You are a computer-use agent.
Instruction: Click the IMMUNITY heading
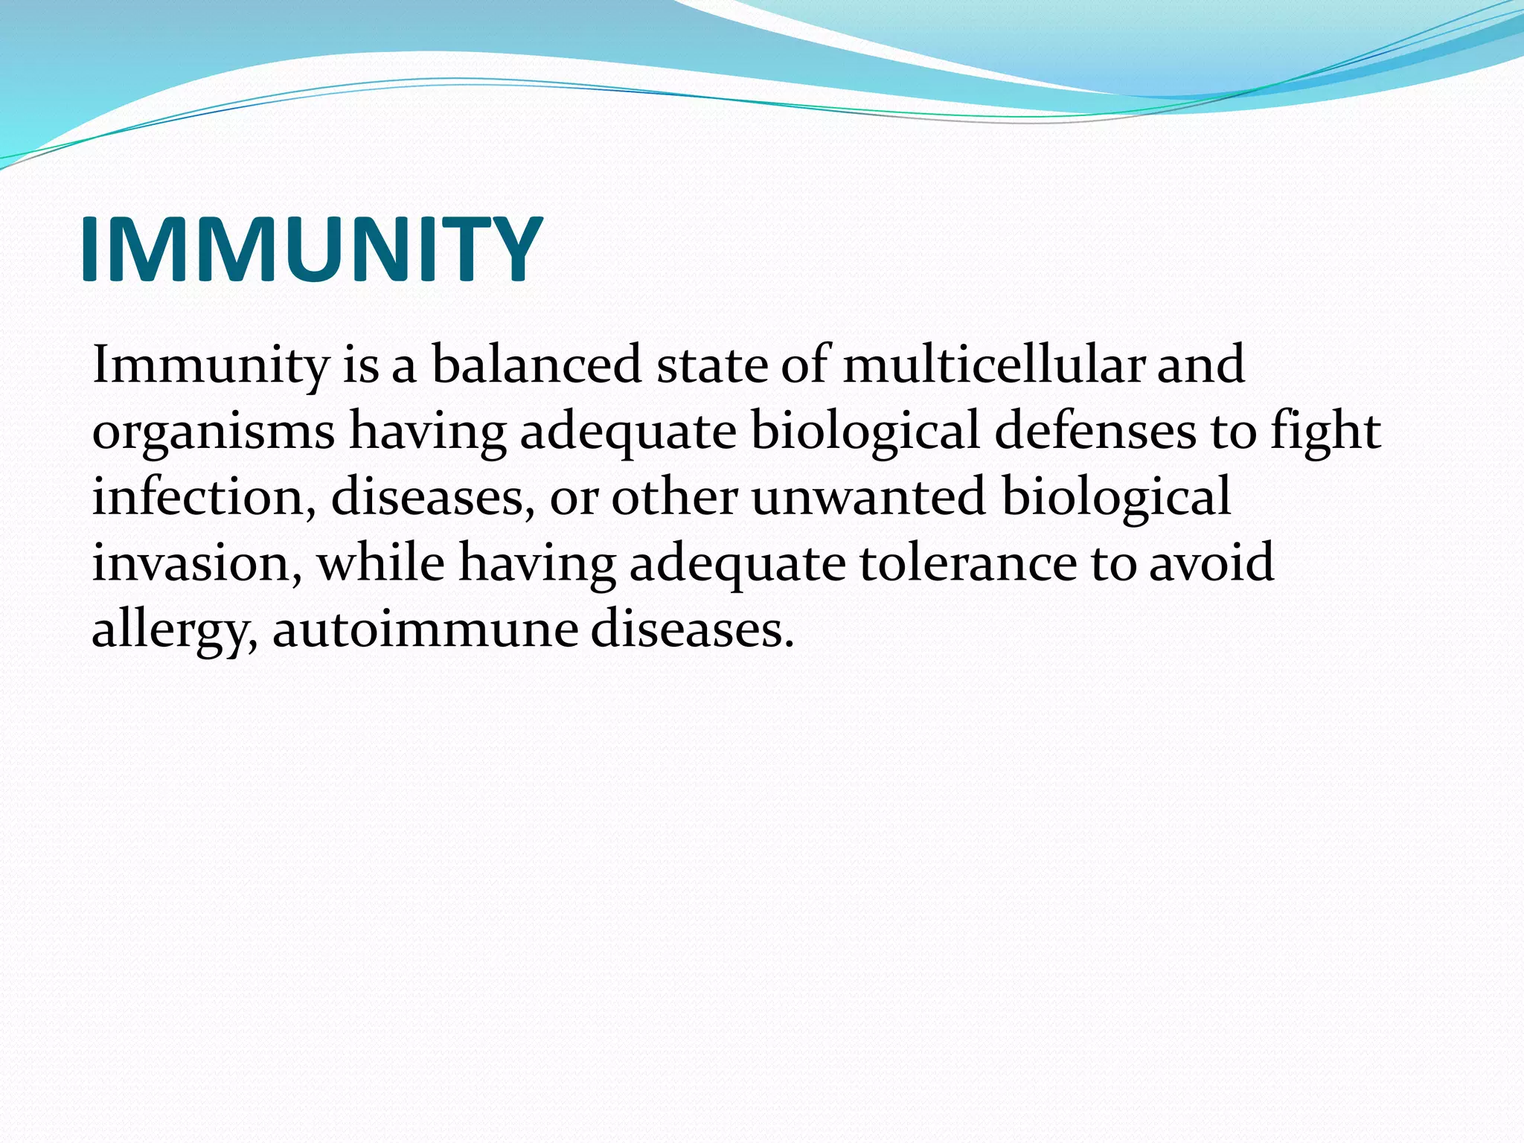click(x=311, y=249)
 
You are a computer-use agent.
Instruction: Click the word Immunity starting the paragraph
click(x=211, y=365)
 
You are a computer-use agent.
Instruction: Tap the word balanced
click(x=537, y=365)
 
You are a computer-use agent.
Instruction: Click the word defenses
click(x=1095, y=431)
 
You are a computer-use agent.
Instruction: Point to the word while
click(x=381, y=563)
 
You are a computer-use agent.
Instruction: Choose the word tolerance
click(x=968, y=563)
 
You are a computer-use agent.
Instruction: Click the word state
click(x=711, y=365)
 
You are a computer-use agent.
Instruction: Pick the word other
click(x=674, y=496)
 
